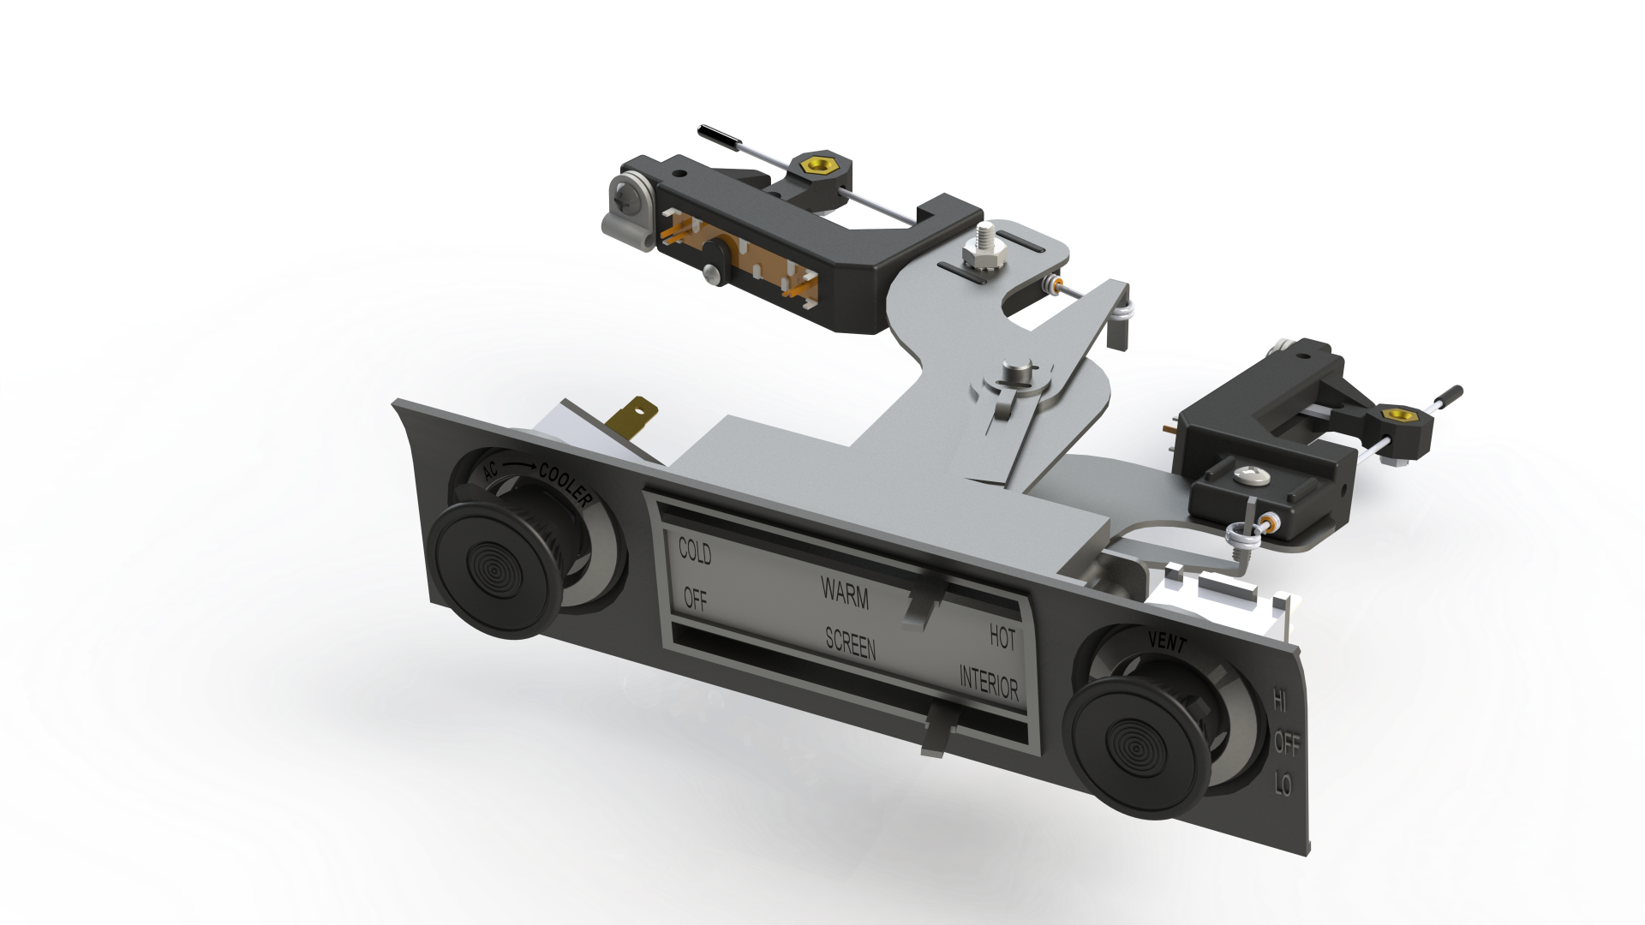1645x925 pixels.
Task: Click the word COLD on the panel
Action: pyautogui.click(x=695, y=551)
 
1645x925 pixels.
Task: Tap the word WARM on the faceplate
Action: pyautogui.click(x=845, y=593)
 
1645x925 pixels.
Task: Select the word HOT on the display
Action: pyautogui.click(x=1002, y=637)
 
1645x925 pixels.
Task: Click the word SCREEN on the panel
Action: pyautogui.click(x=851, y=643)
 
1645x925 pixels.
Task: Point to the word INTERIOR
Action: pyautogui.click(x=989, y=683)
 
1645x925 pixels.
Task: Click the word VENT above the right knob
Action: pyautogui.click(x=1168, y=642)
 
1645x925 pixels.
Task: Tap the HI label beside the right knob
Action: pyautogui.click(x=1280, y=701)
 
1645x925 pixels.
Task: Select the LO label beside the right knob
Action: pyautogui.click(x=1283, y=783)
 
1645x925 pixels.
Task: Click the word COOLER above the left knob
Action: pyautogui.click(x=565, y=485)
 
